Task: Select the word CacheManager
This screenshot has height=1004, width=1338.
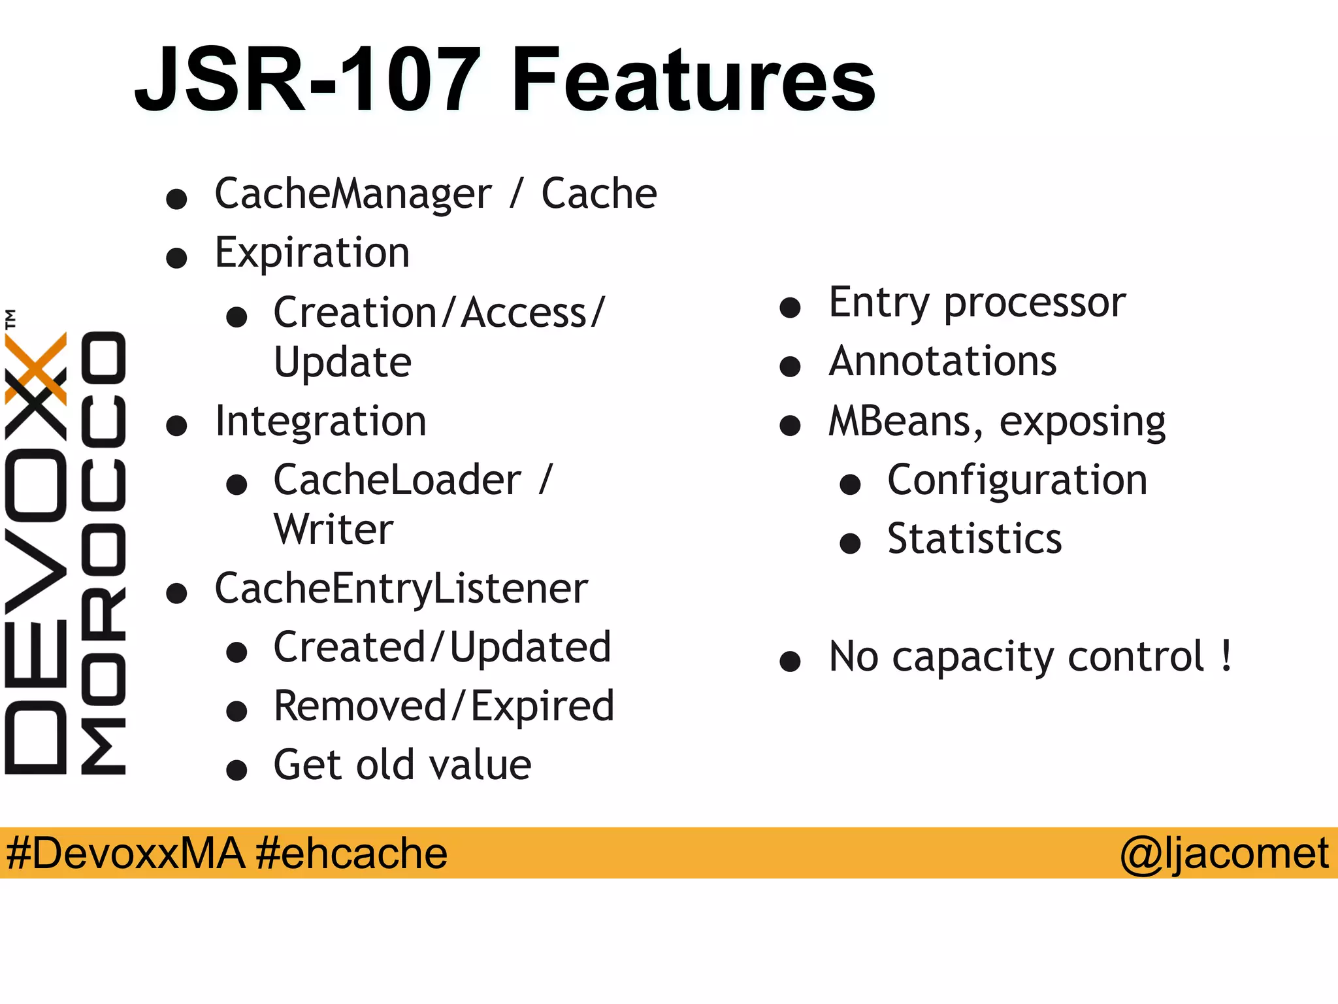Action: pyautogui.click(x=353, y=194)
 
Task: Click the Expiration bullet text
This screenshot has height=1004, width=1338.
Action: pyautogui.click(x=312, y=254)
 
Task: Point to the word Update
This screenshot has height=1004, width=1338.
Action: pyautogui.click(x=342, y=363)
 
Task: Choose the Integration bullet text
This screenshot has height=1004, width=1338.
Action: pyautogui.click(x=320, y=422)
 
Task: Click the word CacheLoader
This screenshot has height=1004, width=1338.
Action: pyautogui.click(x=397, y=480)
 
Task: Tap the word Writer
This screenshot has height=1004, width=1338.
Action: pyautogui.click(x=333, y=529)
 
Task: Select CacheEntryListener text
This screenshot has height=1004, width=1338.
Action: pyautogui.click(x=401, y=590)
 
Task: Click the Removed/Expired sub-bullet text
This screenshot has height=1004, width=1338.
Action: pyautogui.click(x=444, y=707)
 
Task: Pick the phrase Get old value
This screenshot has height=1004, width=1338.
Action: pyautogui.click(x=402, y=765)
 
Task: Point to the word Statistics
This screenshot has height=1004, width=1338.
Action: pyautogui.click(x=974, y=539)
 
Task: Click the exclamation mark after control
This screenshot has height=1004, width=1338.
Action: pyautogui.click(x=1226, y=656)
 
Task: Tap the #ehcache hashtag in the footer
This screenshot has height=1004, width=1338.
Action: pyautogui.click(x=351, y=854)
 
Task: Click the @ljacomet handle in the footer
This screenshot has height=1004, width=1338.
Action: pyautogui.click(x=1224, y=854)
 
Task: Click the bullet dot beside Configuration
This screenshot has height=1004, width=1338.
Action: pyautogui.click(x=850, y=485)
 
